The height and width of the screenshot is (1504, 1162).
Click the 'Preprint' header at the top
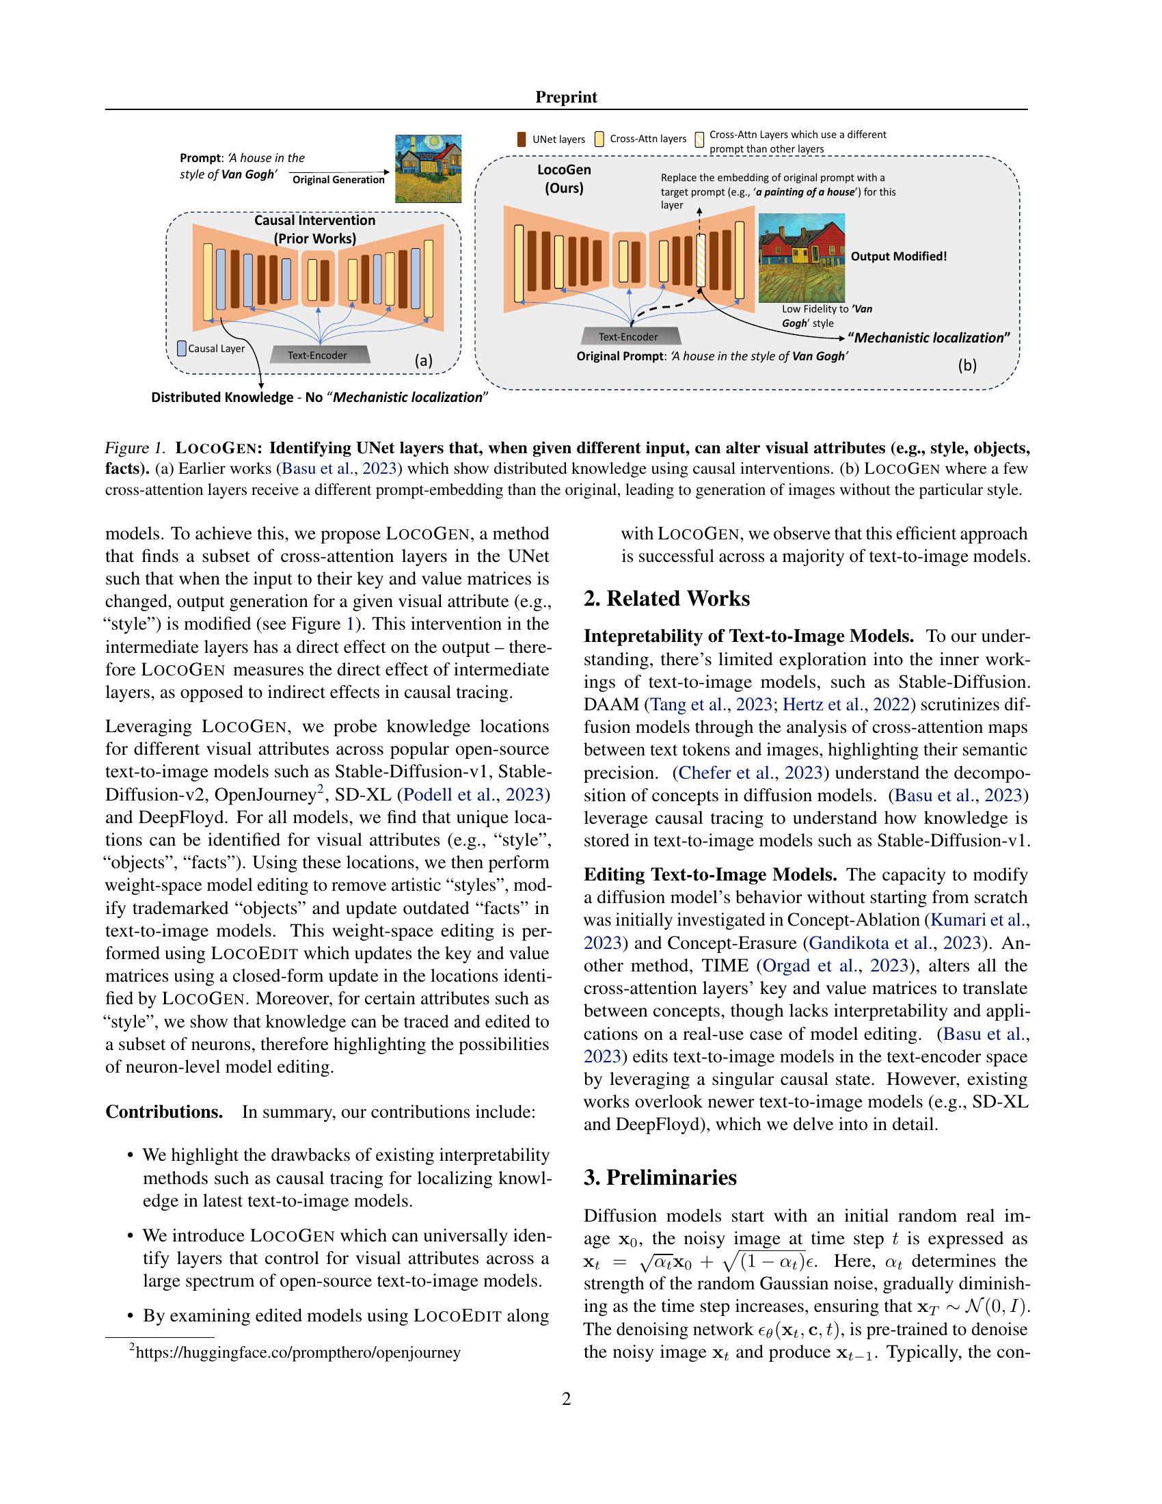pos(566,97)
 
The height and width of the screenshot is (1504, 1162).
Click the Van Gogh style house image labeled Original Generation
pos(427,168)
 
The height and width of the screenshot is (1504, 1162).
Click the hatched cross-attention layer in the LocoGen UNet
pos(701,260)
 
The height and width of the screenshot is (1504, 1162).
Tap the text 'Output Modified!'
pos(899,256)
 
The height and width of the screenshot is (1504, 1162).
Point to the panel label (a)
pos(422,360)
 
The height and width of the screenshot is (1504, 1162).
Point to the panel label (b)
pos(967,366)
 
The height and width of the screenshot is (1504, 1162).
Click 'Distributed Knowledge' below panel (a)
pos(221,397)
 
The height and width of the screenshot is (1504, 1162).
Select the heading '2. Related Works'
pos(666,598)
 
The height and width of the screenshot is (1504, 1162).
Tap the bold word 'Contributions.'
pos(164,1112)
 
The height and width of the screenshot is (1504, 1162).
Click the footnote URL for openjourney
pos(297,1352)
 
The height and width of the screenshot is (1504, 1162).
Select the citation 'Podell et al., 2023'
pos(474,794)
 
